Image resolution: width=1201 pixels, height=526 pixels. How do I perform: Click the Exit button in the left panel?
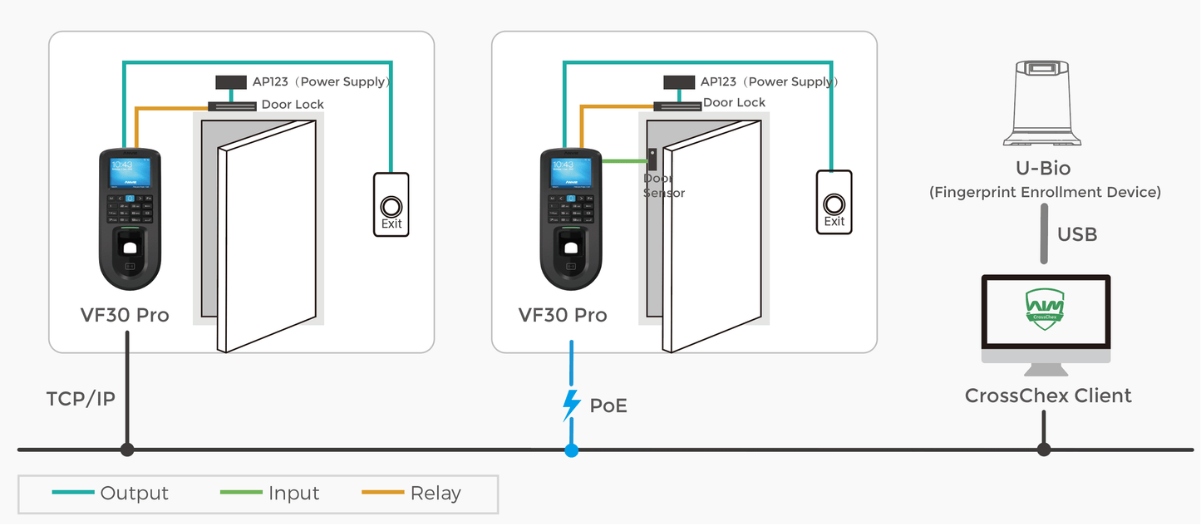391,204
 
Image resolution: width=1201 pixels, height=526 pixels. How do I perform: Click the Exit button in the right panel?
834,202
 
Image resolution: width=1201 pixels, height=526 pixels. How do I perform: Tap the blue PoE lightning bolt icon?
571,405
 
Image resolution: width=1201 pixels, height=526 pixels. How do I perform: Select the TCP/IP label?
81,399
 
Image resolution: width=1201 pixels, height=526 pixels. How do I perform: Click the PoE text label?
608,406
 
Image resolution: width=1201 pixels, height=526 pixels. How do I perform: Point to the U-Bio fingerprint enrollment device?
1043,103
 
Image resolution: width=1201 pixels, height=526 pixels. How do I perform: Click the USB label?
1076,234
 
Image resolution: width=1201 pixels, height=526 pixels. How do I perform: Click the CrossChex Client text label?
1047,396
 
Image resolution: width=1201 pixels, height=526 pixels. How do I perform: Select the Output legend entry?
134,494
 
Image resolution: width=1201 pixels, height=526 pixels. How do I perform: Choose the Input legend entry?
293,494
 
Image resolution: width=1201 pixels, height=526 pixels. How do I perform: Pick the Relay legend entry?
436,494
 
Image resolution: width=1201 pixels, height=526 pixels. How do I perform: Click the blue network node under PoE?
571,450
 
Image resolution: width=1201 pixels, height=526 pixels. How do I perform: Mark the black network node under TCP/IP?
127,450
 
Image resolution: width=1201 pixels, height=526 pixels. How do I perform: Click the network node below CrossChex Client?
1044,450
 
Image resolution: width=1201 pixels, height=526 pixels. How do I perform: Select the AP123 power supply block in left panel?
231,82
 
